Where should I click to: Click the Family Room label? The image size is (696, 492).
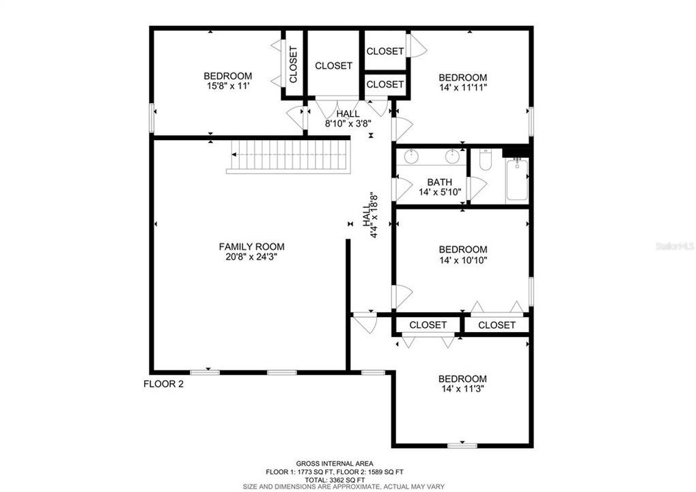coord(251,247)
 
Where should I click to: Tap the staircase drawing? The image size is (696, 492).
coord(287,156)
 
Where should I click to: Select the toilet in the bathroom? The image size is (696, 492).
coord(486,161)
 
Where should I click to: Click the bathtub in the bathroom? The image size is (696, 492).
coord(517,180)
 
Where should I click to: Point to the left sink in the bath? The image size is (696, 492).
coord(412,156)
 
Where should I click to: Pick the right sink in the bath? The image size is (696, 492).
coord(451,156)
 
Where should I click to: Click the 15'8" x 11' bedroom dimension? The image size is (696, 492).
coord(227,87)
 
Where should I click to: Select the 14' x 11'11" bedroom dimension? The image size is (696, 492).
coord(462,88)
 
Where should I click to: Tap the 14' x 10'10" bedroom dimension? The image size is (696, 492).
coord(462,260)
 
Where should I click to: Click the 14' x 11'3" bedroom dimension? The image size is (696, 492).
coord(462,389)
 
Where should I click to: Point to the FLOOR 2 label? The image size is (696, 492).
coord(163,384)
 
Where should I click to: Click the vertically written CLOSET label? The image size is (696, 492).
coord(294,64)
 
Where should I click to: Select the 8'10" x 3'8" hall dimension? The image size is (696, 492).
coord(348,124)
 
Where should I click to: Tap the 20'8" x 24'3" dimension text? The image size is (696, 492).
coord(251,257)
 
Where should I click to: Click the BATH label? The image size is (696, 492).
coord(440,182)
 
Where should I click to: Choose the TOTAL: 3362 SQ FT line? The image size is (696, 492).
coord(334,480)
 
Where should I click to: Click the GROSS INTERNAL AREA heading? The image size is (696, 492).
coord(334,463)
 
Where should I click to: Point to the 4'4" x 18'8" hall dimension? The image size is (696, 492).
coord(374,215)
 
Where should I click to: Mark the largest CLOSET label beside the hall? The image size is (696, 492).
coord(333,66)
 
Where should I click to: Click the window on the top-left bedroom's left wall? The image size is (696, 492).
coord(152,117)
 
